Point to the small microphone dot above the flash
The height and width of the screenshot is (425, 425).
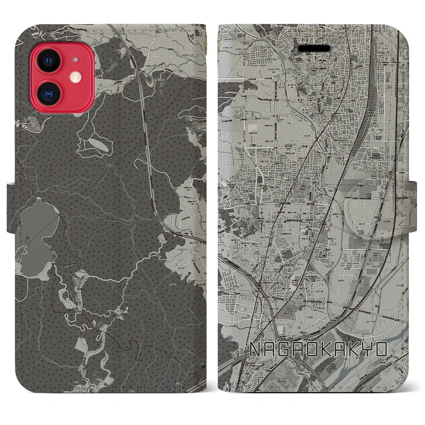point(76,60)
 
